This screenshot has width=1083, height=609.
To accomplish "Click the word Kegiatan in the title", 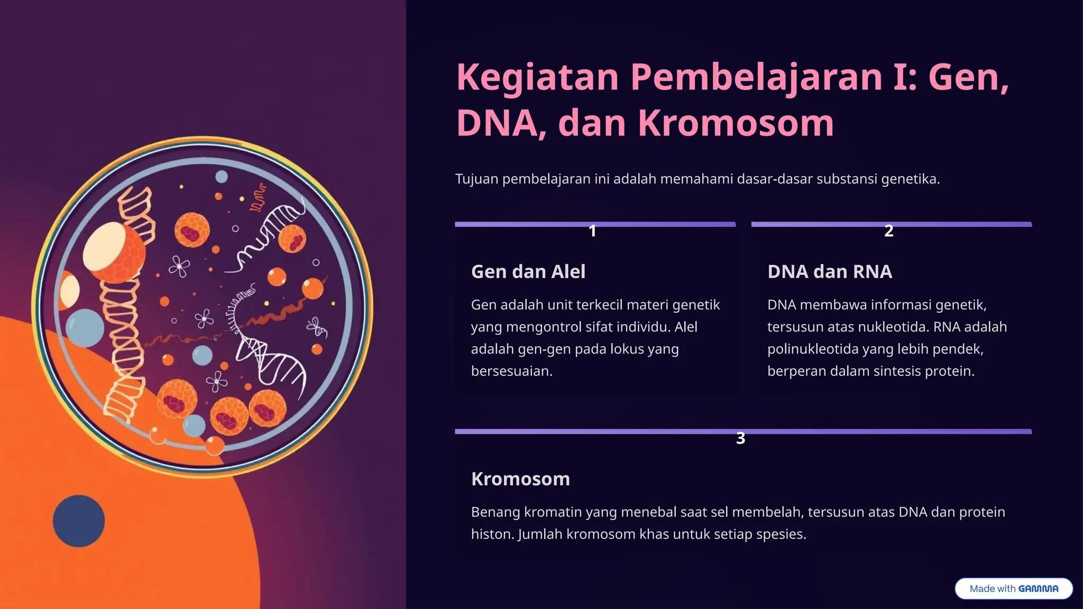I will [x=537, y=77].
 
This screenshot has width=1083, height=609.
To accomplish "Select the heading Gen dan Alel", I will [x=528, y=272].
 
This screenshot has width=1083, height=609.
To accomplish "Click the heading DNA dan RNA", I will [x=829, y=272].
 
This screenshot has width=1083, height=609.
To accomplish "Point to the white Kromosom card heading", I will [x=520, y=479].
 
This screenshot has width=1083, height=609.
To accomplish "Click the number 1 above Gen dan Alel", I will [x=592, y=231].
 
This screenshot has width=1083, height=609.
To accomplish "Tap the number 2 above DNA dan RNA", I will [x=889, y=231].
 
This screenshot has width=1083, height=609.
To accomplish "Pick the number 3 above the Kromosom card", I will [x=740, y=438].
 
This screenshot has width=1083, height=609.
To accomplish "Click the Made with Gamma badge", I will [x=1013, y=588].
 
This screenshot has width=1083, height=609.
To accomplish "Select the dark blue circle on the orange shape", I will [x=79, y=521].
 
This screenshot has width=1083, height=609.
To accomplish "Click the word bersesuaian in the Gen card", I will [x=511, y=372].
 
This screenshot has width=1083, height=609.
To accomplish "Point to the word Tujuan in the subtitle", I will [x=476, y=179].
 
